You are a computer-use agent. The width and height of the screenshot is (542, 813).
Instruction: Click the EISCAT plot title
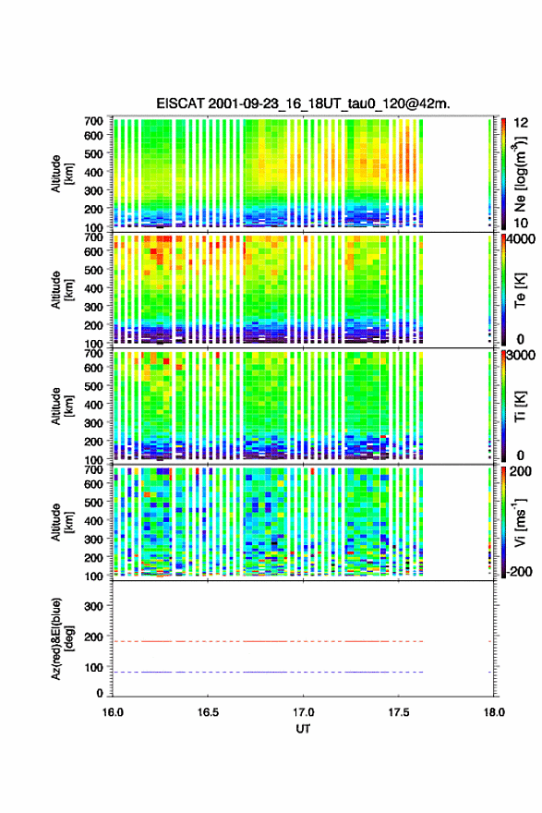pyautogui.click(x=303, y=103)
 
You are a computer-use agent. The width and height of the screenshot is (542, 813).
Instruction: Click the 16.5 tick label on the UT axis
pyautogui.click(x=208, y=712)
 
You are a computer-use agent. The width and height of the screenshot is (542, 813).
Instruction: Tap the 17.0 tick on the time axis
pyautogui.click(x=303, y=712)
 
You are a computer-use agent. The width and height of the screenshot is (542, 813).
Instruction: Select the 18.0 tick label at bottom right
pyautogui.click(x=494, y=712)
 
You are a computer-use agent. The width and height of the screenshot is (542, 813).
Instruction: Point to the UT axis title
pyautogui.click(x=303, y=729)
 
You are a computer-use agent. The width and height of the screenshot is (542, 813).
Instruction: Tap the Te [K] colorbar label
pyautogui.click(x=520, y=290)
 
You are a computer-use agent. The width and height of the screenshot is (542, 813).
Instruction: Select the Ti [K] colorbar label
pyautogui.click(x=520, y=406)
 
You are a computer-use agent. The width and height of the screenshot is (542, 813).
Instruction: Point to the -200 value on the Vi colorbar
pyautogui.click(x=520, y=571)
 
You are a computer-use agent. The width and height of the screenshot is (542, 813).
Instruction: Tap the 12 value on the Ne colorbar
pyautogui.click(x=522, y=123)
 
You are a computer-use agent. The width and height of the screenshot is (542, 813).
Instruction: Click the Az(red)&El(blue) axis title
pyautogui.click(x=62, y=638)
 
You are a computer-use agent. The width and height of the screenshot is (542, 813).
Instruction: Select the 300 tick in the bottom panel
pyautogui.click(x=94, y=606)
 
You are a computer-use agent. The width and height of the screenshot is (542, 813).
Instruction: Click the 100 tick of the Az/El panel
pyautogui.click(x=94, y=667)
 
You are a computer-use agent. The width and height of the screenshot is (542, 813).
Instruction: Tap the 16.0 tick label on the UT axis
pyautogui.click(x=113, y=712)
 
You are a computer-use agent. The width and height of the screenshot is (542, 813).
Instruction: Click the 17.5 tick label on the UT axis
pyautogui.click(x=399, y=712)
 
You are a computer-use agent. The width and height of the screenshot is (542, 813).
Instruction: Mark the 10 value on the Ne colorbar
pyautogui.click(x=522, y=223)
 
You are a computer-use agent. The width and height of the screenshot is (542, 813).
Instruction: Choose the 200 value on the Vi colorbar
pyautogui.click(x=520, y=471)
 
